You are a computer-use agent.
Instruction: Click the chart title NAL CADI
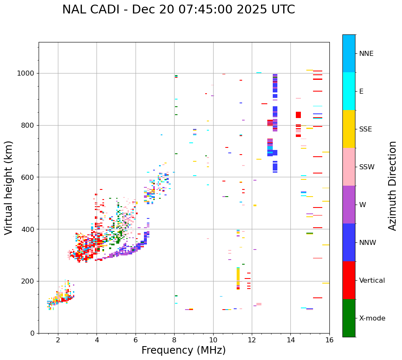click(x=178, y=10)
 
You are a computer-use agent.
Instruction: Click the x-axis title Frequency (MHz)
click(x=183, y=350)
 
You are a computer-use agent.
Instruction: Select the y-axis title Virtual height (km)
click(x=9, y=187)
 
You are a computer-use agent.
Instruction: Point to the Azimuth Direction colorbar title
click(x=392, y=186)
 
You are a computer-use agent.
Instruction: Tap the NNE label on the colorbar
click(x=366, y=54)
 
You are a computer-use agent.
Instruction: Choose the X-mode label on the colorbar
click(x=372, y=318)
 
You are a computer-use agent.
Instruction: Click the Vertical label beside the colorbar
click(x=372, y=281)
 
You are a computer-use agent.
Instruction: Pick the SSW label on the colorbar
click(x=367, y=167)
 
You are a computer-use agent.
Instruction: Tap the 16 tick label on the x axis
click(x=329, y=340)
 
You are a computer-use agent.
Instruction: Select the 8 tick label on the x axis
click(x=174, y=340)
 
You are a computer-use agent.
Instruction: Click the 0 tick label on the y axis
click(x=32, y=333)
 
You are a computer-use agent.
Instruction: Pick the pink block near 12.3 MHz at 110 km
click(x=259, y=304)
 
